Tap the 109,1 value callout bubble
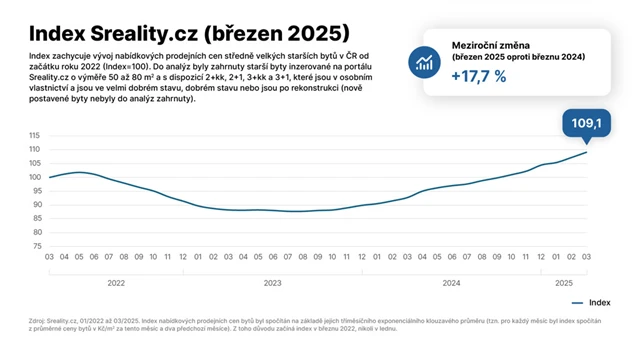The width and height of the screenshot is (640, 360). pos(585,123)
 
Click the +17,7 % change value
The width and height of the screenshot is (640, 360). pos(480,77)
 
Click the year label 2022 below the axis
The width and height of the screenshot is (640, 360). pos(116,283)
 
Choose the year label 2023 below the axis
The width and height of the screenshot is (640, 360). pos(272,283)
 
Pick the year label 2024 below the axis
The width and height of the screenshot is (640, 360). pos(451,283)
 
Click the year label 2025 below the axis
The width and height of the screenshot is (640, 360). pos(564,283)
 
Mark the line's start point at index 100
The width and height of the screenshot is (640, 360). pos(49,177)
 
